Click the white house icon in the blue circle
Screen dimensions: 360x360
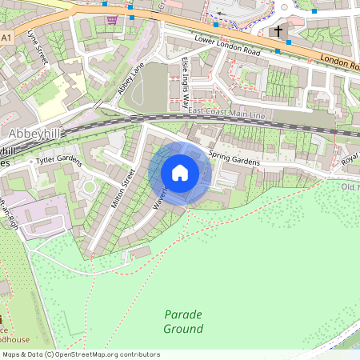pos(180,173)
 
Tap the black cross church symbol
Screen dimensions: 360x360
pos(279,32)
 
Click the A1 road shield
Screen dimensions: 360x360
pos(6,38)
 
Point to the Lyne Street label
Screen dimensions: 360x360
pos(38,47)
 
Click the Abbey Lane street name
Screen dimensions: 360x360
pos(130,79)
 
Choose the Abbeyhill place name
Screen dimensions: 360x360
pos(31,133)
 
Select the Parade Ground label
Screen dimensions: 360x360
pos(183,321)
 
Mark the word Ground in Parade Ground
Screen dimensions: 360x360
pos(183,329)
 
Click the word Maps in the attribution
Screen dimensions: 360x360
pos(11,354)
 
